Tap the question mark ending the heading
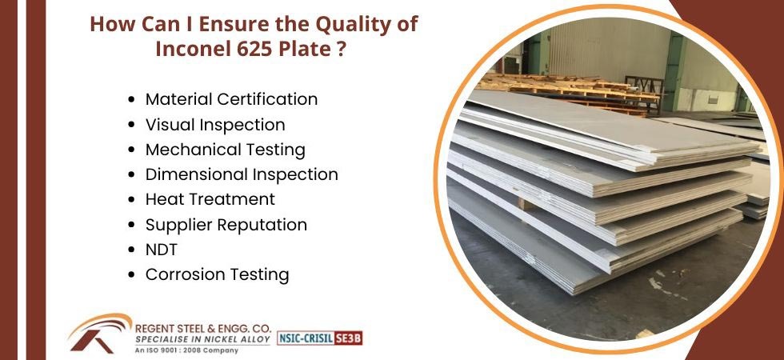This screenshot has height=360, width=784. [x=340, y=49]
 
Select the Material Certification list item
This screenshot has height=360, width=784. [x=231, y=99]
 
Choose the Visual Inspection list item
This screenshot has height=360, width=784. [x=215, y=125]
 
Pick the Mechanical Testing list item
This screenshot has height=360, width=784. [x=226, y=150]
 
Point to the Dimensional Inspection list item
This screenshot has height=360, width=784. [x=242, y=174]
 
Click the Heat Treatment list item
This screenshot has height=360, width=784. [x=210, y=199]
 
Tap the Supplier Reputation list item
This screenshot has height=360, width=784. [x=226, y=225]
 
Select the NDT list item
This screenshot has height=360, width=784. [x=161, y=250]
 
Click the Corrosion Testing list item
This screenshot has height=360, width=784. [x=218, y=274]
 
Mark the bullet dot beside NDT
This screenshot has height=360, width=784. [x=131, y=250]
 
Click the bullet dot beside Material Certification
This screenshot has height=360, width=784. [x=131, y=99]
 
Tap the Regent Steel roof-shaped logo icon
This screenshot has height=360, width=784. [x=99, y=333]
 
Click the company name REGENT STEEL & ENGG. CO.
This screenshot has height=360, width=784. [x=203, y=330]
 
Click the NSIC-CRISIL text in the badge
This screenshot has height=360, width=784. [x=306, y=338]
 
